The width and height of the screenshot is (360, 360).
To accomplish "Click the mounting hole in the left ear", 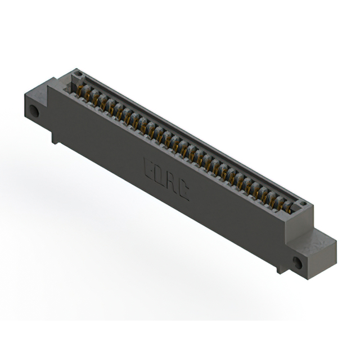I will click(34, 111).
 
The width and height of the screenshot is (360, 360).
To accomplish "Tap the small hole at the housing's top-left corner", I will click(78, 74).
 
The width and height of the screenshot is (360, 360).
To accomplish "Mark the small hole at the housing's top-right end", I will click(302, 204).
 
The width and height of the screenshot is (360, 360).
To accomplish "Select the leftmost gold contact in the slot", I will click(80, 89).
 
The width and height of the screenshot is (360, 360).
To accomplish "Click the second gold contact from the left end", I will click(88, 94).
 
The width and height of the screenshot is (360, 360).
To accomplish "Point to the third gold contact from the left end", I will click(96, 98).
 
